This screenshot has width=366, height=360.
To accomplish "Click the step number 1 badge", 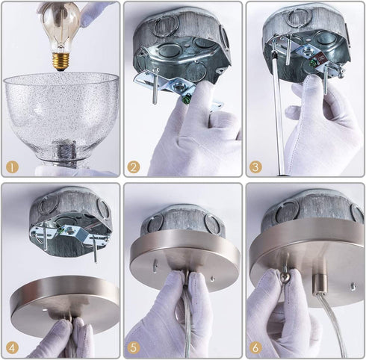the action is tap(12, 167).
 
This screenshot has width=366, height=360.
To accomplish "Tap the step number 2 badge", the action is tap(134, 167).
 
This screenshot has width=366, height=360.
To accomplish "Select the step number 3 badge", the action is tap(255, 167).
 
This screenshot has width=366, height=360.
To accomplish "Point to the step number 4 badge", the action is tap(12, 347).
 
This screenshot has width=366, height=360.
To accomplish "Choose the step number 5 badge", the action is tap(134, 347).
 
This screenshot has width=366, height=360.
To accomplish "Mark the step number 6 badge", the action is tap(255, 347).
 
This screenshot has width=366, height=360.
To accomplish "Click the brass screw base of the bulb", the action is tap(61, 61).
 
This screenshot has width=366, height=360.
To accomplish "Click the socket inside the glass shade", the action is tap(64, 152).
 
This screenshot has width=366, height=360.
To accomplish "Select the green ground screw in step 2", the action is tap(187, 99).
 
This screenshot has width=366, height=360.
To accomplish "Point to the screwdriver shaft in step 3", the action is tap(278, 110).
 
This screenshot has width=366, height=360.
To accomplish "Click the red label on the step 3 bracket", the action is tap(321, 59).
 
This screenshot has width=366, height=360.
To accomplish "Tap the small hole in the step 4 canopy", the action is tap(45, 310).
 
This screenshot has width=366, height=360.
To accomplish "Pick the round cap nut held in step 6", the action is tap(284, 277).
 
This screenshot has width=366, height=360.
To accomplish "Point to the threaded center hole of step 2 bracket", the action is tap(179, 87).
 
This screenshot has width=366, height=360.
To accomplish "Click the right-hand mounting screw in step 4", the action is tap(95, 249).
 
